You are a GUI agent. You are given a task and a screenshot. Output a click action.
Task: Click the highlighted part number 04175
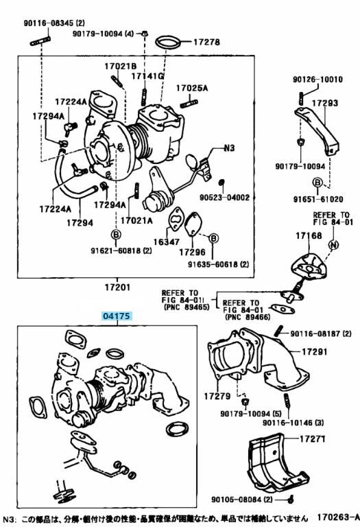[116, 316]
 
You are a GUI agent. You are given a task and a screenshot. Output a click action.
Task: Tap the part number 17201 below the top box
[117, 288]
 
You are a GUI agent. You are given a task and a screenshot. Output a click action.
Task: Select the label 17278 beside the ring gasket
[206, 42]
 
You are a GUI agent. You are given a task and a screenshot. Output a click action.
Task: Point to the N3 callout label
[229, 148]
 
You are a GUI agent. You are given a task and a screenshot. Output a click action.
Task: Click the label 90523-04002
[224, 198]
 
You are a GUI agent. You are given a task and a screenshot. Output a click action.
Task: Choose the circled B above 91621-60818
[116, 234]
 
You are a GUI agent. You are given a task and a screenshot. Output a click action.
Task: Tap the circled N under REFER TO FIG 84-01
[333, 245]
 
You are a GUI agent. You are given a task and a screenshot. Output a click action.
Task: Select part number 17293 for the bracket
[325, 103]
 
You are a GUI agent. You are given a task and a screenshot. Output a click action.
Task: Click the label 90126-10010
[317, 80]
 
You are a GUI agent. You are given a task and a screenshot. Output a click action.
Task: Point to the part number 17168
[309, 235]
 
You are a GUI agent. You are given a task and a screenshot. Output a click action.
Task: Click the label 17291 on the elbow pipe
[314, 351]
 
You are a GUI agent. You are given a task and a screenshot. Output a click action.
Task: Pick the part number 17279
[217, 396]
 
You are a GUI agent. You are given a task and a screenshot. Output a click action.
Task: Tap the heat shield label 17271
[312, 439]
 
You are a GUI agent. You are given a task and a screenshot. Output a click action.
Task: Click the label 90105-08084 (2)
[242, 500]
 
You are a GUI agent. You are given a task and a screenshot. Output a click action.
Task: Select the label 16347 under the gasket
[167, 242]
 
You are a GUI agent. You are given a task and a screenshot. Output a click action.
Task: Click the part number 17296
[192, 252]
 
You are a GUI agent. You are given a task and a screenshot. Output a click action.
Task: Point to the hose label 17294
[80, 222]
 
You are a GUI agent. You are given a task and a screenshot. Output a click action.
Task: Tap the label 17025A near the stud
[192, 88]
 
